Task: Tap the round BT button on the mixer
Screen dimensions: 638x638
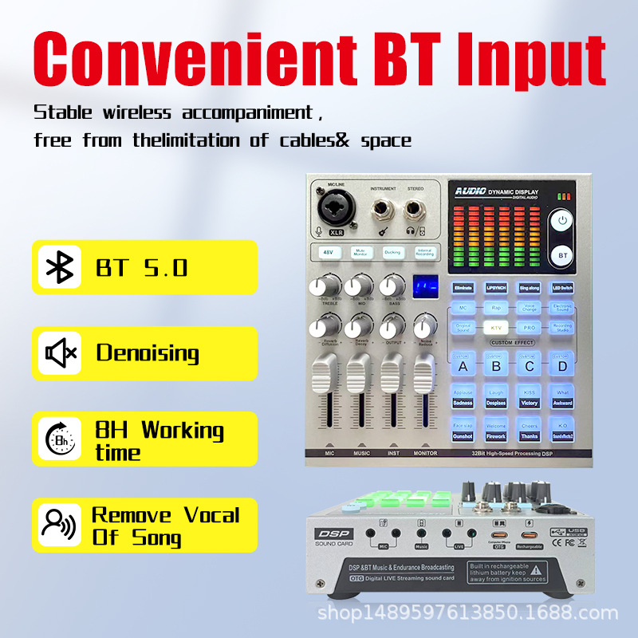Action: coord(563,255)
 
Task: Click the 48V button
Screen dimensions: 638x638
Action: coord(328,253)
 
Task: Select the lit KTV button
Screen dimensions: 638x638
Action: coord(495,328)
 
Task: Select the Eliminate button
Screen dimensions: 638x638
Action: coord(463,287)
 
